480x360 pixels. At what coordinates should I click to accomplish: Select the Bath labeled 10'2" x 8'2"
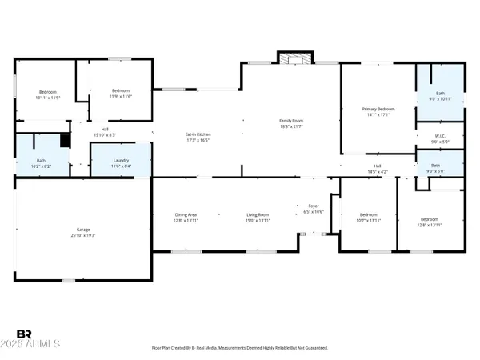41,163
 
